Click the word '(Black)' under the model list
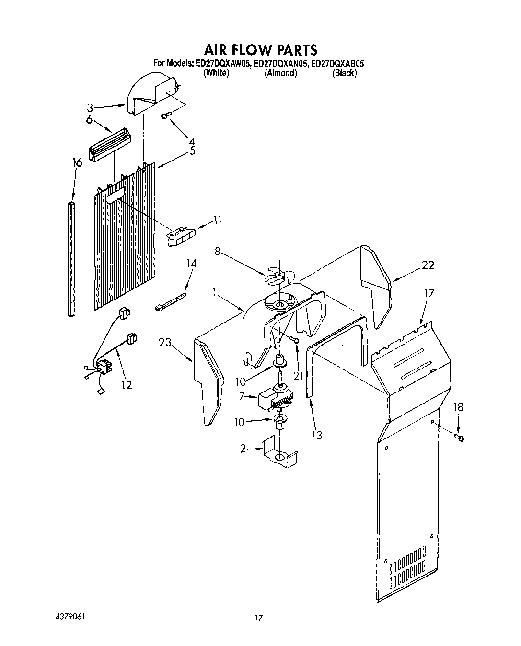click(344, 73)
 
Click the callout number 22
click(428, 265)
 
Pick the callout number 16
click(77, 163)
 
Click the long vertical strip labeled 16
click(71, 259)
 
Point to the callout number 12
click(126, 385)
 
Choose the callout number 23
click(165, 342)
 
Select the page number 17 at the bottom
click(258, 618)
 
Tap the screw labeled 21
click(294, 340)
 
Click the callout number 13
click(316, 435)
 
